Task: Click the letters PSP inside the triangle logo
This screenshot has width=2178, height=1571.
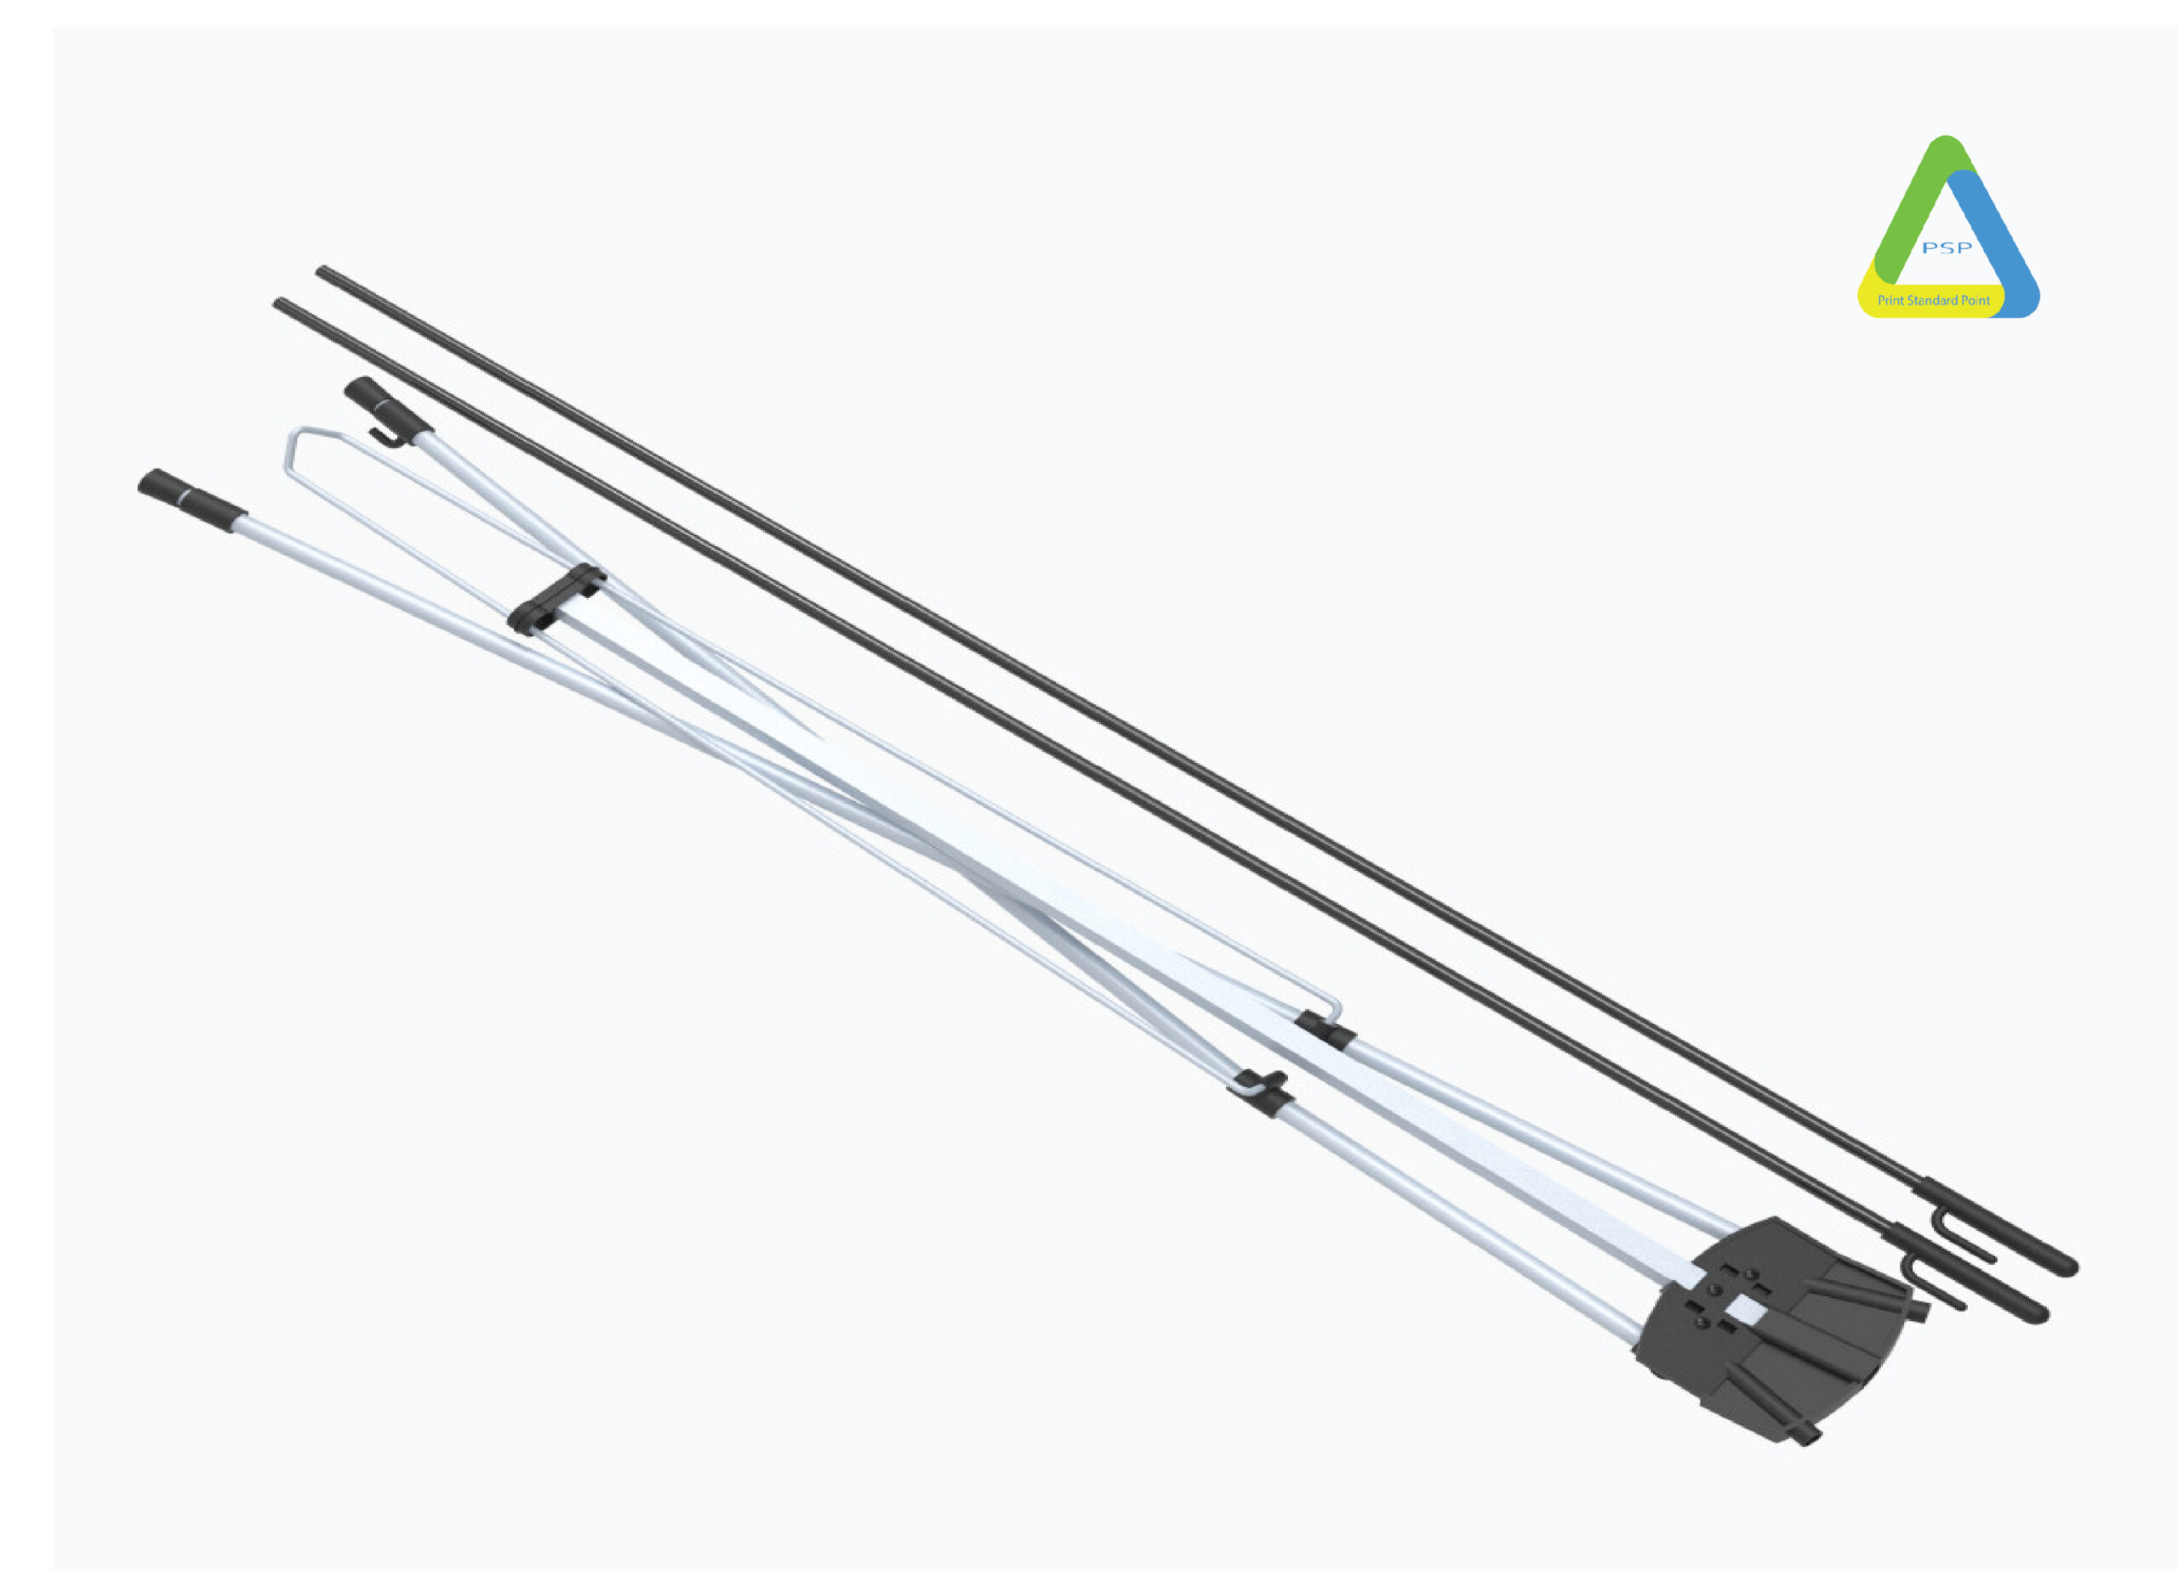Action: point(1947,248)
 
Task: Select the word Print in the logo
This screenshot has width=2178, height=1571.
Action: point(1891,300)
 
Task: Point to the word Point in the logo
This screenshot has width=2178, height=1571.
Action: point(1976,300)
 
